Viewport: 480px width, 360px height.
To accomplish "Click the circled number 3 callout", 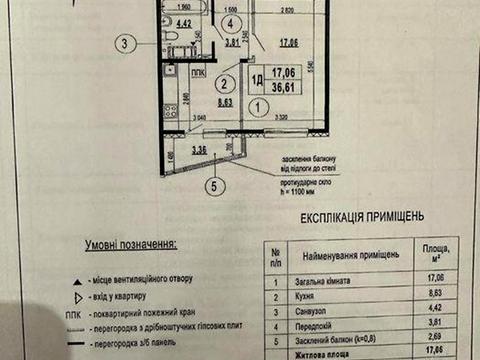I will [x=124, y=43].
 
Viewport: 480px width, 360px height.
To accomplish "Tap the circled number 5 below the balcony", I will [x=211, y=183].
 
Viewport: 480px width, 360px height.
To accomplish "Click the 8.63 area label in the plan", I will [x=226, y=102].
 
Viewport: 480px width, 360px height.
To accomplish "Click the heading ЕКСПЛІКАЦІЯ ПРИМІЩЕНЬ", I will [x=360, y=215].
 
